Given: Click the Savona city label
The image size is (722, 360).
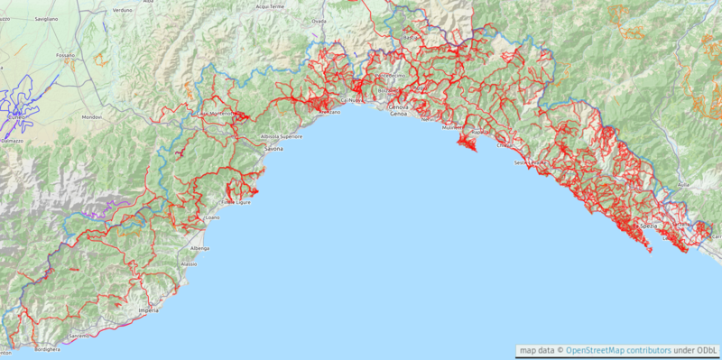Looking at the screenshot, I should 273,148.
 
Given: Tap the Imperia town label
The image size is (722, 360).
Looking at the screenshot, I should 149,310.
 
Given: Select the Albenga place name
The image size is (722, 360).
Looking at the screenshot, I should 199,247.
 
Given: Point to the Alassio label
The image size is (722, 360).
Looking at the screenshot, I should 189,263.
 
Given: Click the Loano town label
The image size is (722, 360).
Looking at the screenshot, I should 211,217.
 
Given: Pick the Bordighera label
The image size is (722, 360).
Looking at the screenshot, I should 48,348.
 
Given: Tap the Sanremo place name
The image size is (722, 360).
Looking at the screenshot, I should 79,336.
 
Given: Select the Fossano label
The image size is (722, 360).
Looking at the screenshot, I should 65,55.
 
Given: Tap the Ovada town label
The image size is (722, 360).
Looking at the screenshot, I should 319,20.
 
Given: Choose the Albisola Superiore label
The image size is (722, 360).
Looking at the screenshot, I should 282,136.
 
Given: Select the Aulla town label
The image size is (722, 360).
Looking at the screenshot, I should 683,183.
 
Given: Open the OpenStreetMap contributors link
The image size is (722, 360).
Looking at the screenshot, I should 618,350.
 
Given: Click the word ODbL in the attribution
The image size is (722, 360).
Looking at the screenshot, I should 707,350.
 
